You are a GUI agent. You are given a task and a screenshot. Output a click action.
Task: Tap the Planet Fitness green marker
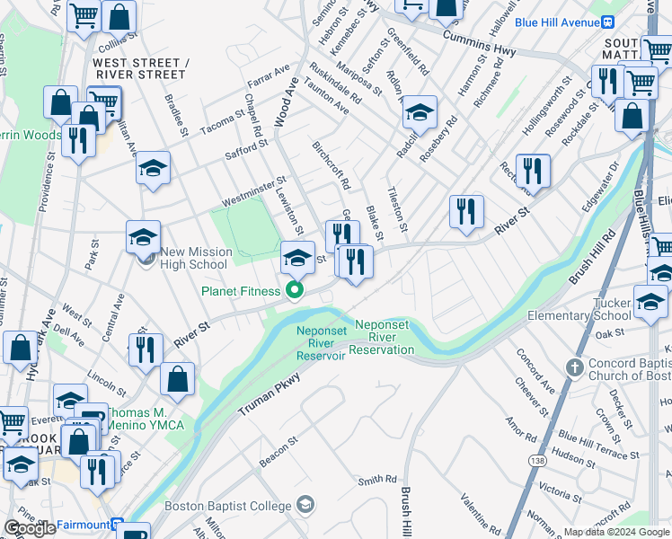(293, 289)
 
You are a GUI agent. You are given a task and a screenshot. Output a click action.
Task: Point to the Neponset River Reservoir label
(322, 342)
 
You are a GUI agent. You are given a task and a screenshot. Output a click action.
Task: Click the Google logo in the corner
(30, 528)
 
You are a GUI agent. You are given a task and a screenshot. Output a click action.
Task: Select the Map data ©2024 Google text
(616, 532)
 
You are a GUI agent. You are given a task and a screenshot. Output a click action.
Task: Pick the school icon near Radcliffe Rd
(419, 113)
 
